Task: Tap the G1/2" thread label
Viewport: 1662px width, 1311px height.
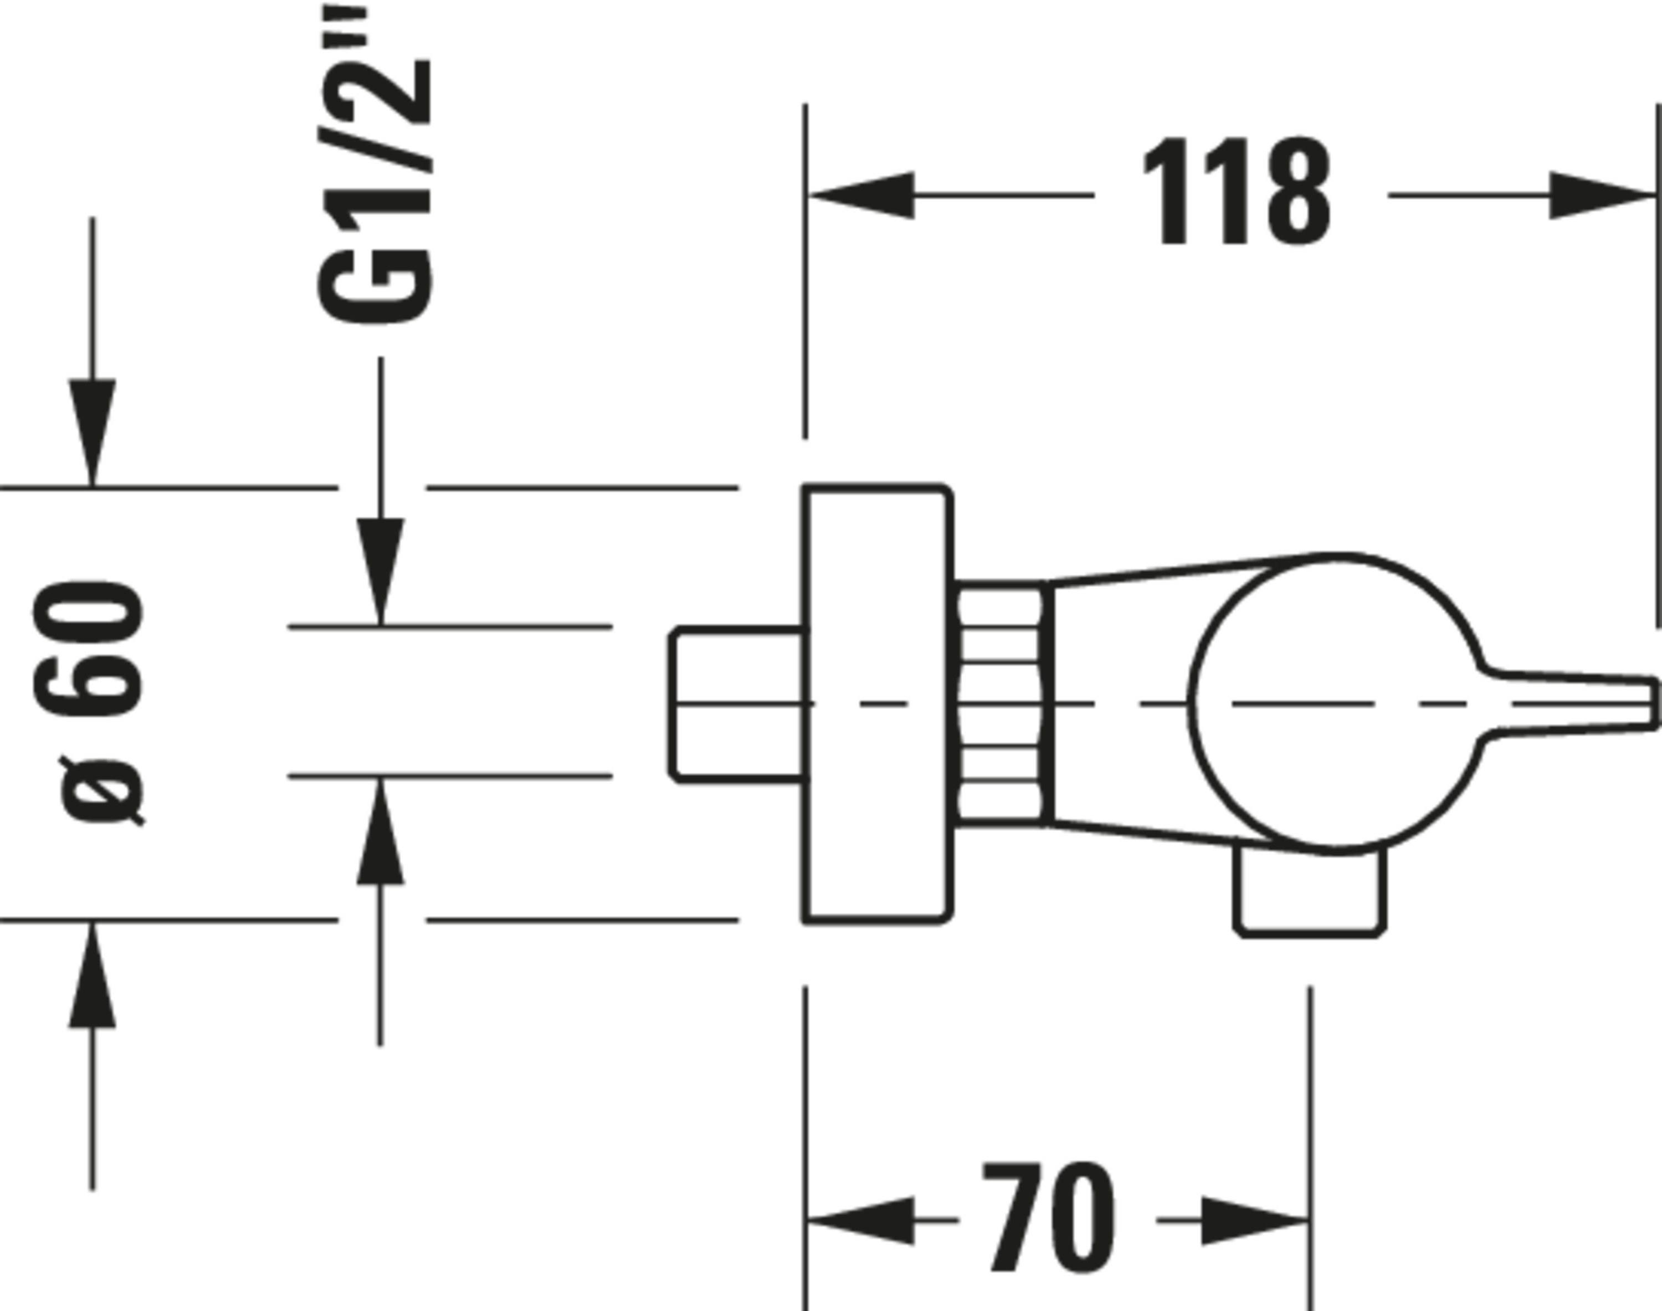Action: [x=375, y=165]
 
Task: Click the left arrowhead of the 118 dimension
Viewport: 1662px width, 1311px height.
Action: [x=860, y=195]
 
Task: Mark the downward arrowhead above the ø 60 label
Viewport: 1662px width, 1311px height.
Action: [x=93, y=432]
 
